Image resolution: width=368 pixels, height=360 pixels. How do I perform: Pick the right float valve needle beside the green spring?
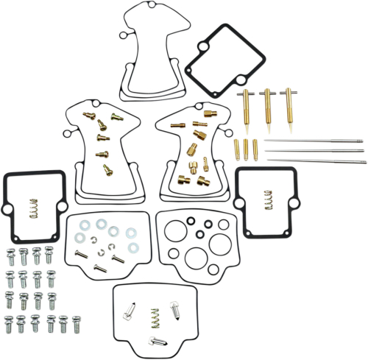click(177, 309)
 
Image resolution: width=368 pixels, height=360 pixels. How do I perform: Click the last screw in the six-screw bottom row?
click(77, 322)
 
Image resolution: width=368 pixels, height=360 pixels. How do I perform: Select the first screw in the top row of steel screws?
click(12, 255)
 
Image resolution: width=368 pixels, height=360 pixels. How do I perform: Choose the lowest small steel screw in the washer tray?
click(100, 268)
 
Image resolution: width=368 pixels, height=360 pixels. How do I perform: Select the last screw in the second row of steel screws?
click(51, 278)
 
